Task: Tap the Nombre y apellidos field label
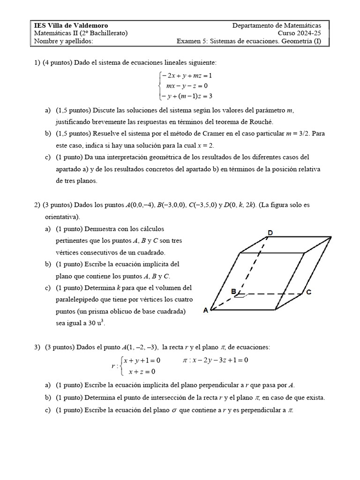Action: (x=64, y=42)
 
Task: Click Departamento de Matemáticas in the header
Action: (x=277, y=25)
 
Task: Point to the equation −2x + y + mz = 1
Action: (x=187, y=75)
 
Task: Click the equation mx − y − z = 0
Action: (x=187, y=86)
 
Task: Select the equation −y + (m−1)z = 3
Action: (x=187, y=96)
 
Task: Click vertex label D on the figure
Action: (x=270, y=232)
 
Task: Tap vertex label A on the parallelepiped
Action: (x=206, y=310)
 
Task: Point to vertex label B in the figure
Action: (x=232, y=292)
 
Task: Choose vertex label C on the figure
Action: (x=309, y=292)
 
